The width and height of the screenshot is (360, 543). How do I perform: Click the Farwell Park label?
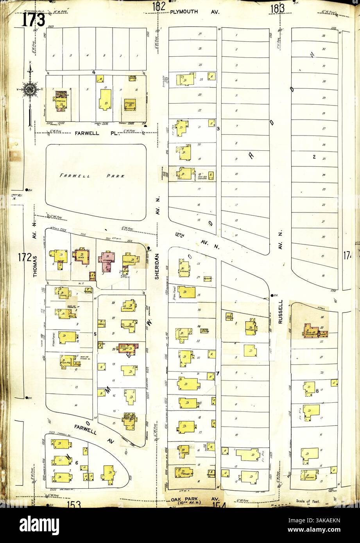point(92,176)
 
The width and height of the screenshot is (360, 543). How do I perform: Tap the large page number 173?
point(34,20)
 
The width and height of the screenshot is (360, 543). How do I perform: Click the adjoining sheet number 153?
point(73,504)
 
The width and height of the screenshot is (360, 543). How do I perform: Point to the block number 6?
point(77,463)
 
